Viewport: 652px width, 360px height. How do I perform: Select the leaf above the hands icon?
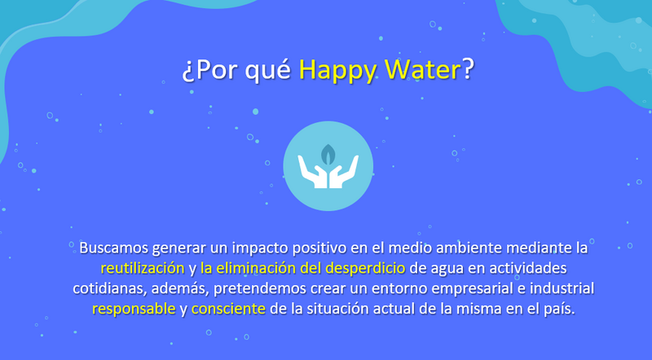[x=328, y=154]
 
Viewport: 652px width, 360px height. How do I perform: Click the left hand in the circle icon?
[x=312, y=173]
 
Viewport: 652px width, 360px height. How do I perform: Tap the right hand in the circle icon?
[x=344, y=173]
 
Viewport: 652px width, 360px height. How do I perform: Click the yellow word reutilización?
[x=143, y=268]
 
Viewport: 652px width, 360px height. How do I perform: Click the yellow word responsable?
[x=134, y=309]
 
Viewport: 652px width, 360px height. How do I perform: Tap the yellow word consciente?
[x=228, y=309]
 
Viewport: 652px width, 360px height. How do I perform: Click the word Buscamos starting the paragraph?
[x=113, y=248]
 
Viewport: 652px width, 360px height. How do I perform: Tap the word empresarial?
[x=471, y=289]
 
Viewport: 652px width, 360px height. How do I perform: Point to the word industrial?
[x=562, y=288]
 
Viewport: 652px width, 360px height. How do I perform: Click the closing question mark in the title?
[x=468, y=69]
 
